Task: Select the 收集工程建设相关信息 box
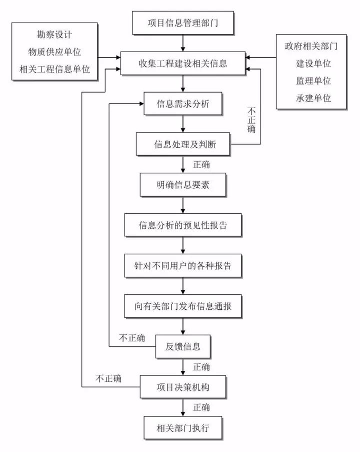coord(182,64)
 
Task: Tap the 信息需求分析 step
coord(182,105)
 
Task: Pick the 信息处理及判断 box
coord(182,145)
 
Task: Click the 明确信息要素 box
coord(182,185)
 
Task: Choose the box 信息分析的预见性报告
coord(182,225)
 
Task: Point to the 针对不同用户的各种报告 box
coord(182,265)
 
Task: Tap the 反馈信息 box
coord(182,346)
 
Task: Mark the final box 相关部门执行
coord(182,428)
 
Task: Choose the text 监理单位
coord(313,81)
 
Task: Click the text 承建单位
coord(313,98)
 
